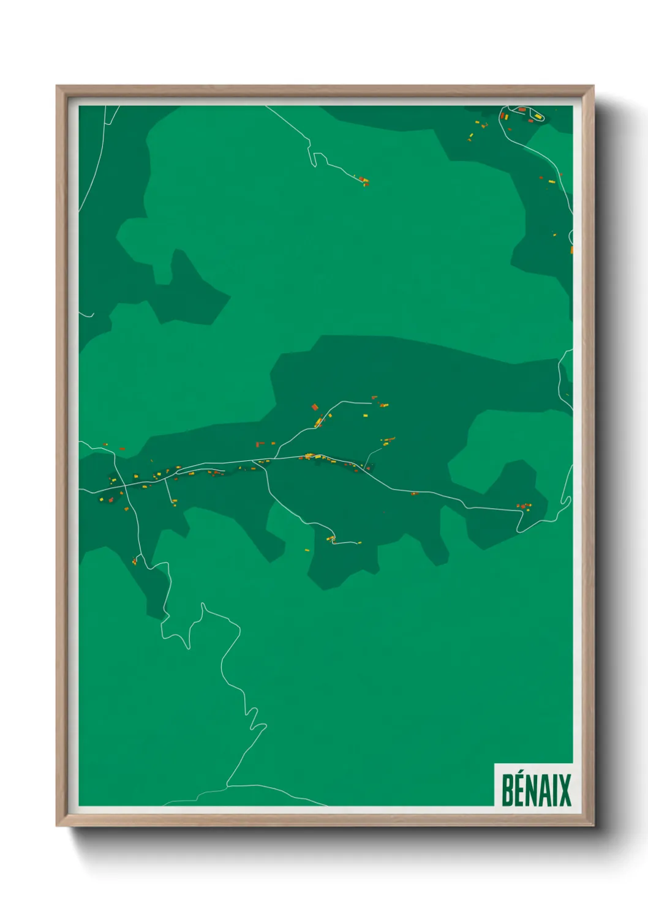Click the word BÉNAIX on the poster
pos(536,790)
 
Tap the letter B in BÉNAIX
pos(507,790)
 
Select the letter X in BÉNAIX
pos(565,790)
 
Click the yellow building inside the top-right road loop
pos(538,116)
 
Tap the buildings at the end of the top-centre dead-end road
pos(364,181)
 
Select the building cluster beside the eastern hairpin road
pos(524,506)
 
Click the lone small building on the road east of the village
pos(414,493)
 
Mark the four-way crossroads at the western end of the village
pos(126,487)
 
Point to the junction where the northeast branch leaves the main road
pos(275,458)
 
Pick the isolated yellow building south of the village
pos(307,550)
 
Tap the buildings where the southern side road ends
pos(331,539)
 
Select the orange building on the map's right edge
pos(571,250)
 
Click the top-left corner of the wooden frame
pos(57,86)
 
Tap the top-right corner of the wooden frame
pos(593,86)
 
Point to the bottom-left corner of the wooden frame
pos(57,825)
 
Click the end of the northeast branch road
pos(371,402)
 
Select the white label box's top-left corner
pos(495,763)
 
